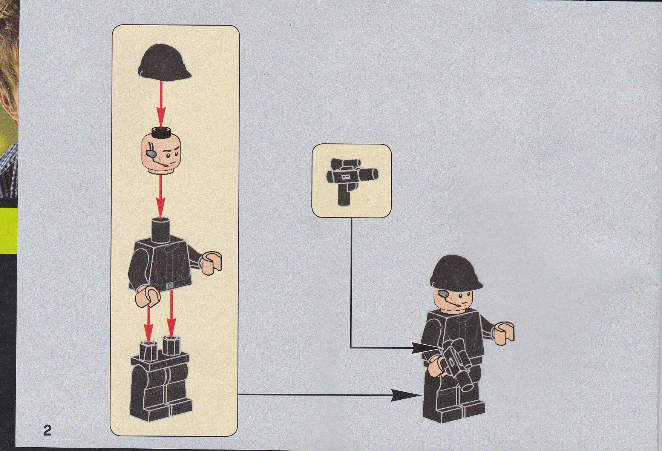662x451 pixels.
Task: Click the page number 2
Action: (47, 430)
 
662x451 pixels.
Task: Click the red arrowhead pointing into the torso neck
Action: (161, 209)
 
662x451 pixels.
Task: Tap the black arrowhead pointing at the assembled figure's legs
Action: (406, 394)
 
